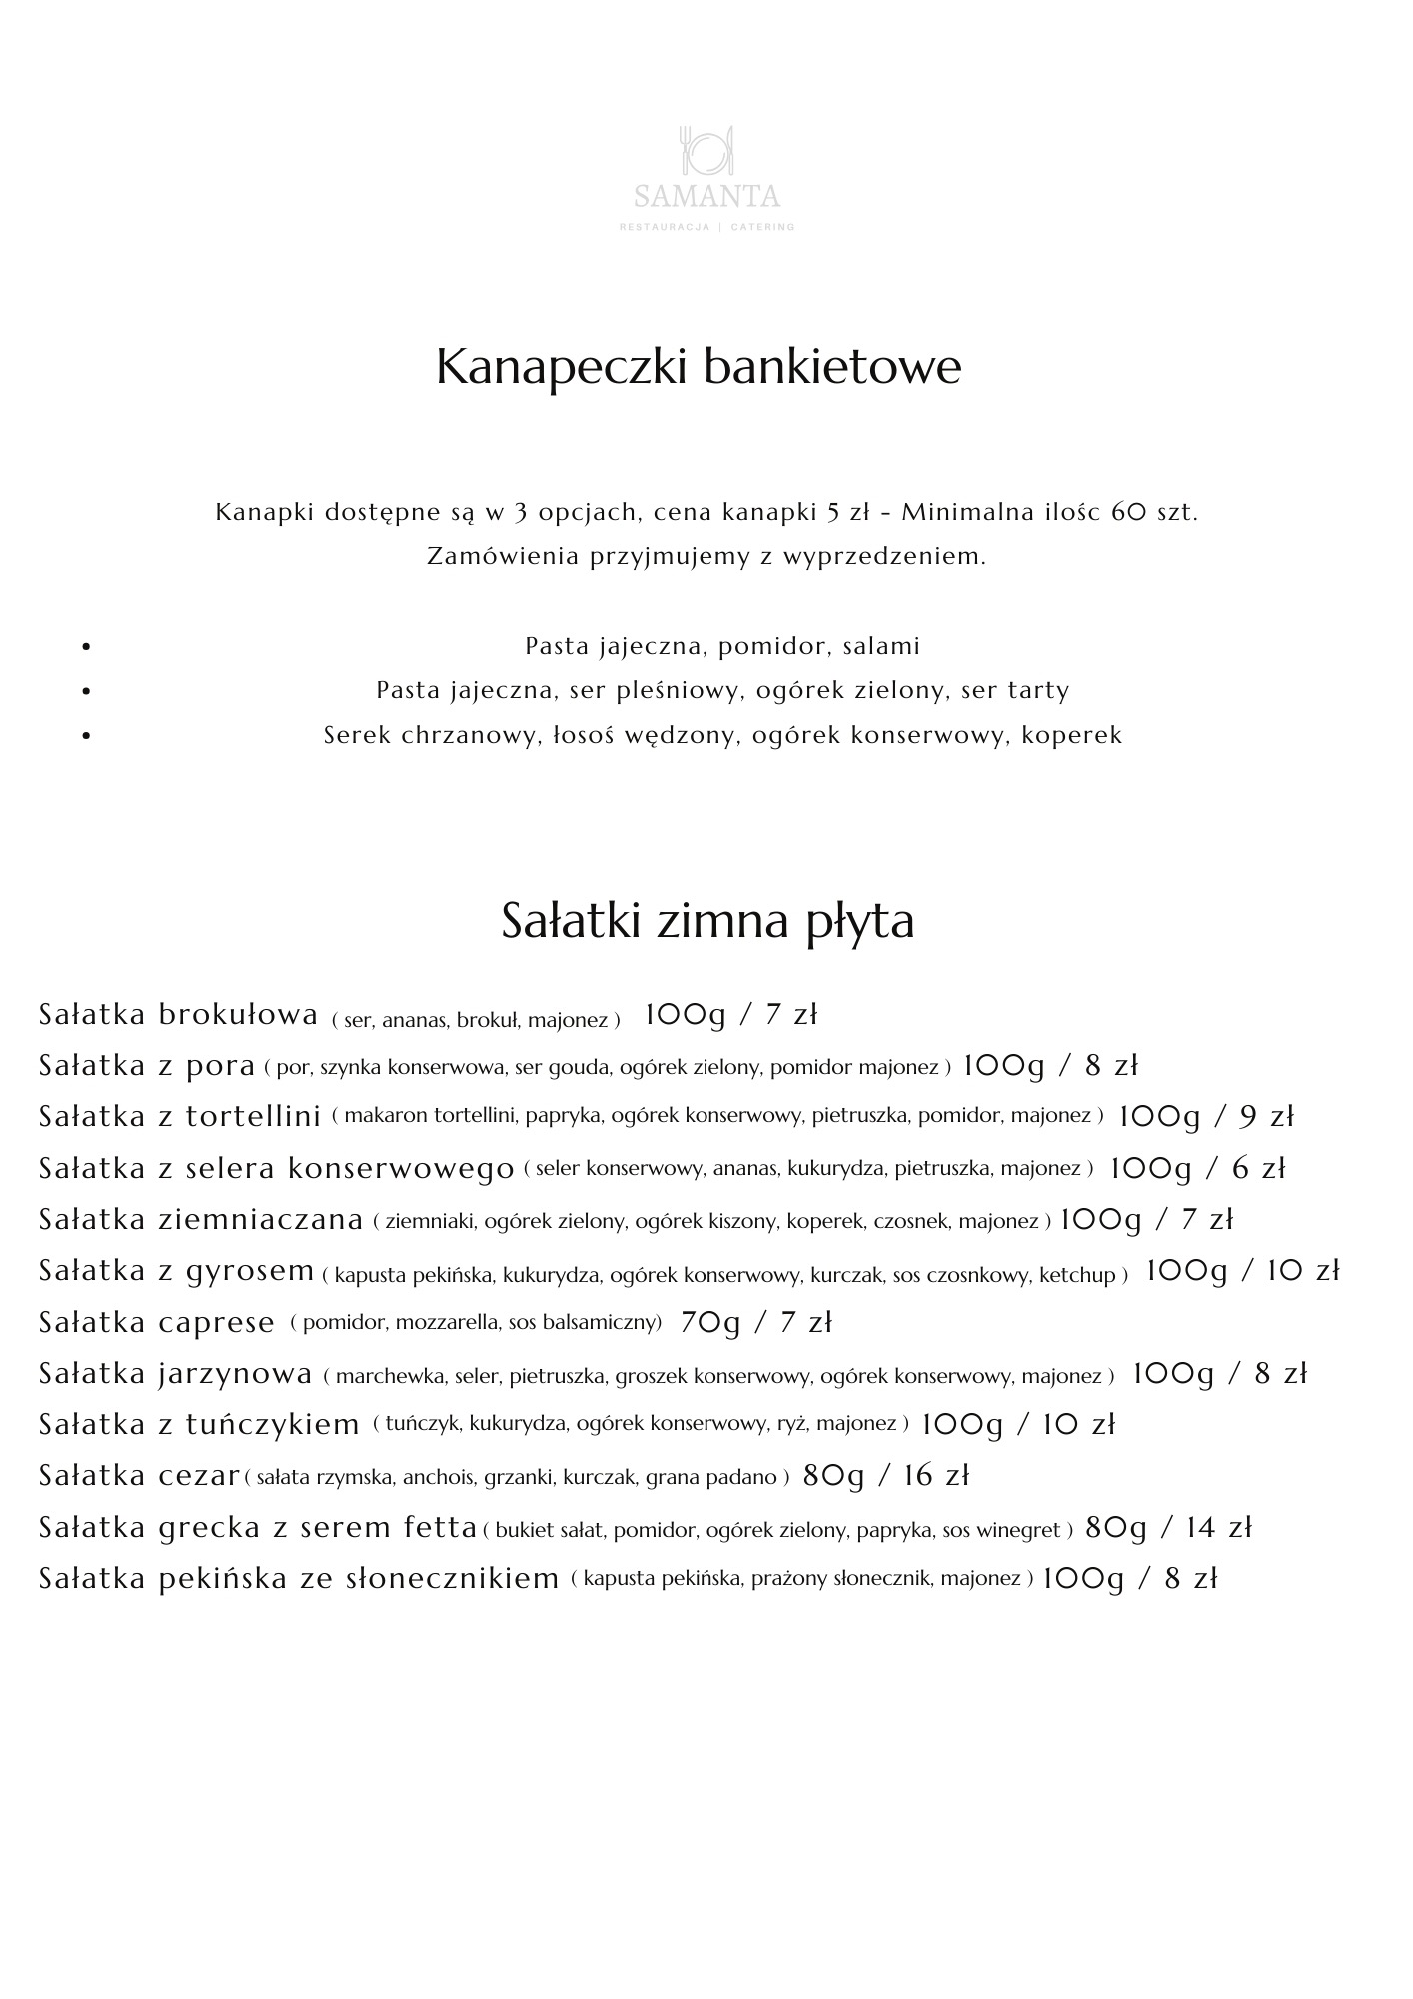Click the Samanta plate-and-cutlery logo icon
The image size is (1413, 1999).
706,149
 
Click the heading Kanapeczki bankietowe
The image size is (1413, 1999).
699,367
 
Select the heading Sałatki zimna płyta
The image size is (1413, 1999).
707,921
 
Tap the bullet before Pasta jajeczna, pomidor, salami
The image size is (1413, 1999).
86,647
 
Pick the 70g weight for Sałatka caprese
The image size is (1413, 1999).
710,1323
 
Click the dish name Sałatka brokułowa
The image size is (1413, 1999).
178,1015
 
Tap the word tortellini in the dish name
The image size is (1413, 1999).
254,1117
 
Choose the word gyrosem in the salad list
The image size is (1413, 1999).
251,1271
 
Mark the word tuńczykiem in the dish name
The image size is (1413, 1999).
273,1424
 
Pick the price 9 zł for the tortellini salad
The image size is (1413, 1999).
1267,1117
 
